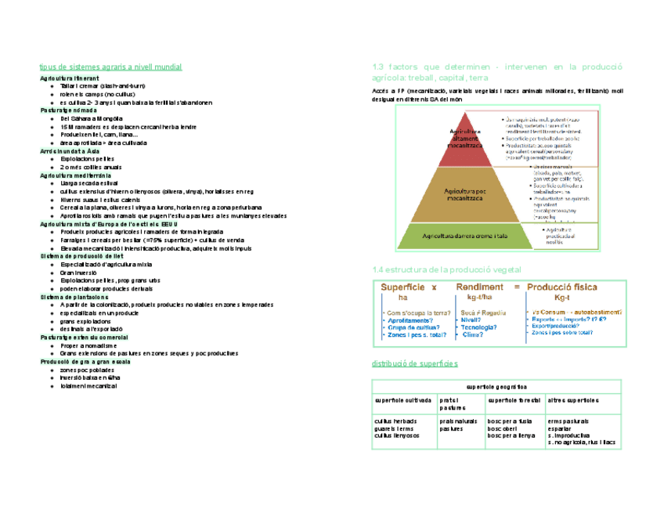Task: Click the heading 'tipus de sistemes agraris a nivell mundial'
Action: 110,68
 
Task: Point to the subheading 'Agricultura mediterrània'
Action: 77,175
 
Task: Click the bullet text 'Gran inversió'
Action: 81,273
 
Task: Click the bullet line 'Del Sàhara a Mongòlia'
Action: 92,118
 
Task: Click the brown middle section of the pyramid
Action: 465,192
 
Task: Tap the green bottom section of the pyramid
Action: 465,234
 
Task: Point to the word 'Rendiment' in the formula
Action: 480,287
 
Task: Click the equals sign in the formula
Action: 515,287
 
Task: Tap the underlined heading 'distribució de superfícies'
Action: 413,365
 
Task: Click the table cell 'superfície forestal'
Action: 513,400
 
